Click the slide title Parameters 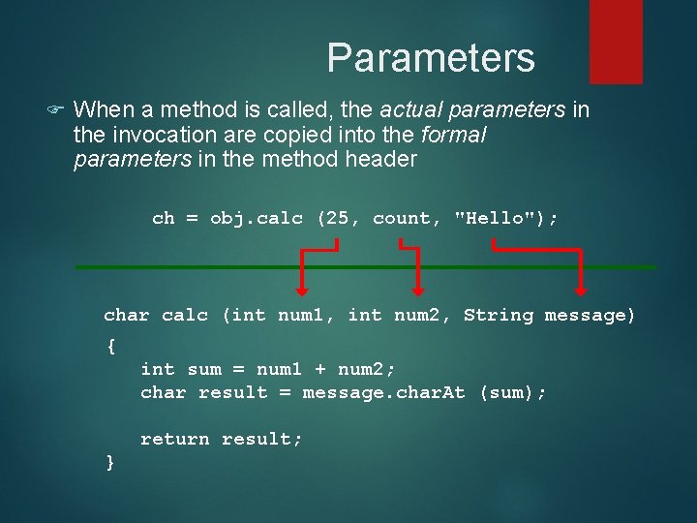pyautogui.click(x=430, y=58)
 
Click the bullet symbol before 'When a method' pyautogui.click(x=56, y=110)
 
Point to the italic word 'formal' pyautogui.click(x=454, y=135)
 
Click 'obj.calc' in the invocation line pyautogui.click(x=257, y=218)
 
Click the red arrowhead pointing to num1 pyautogui.click(x=302, y=289)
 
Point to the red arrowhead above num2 pyautogui.click(x=418, y=289)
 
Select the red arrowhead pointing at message pyautogui.click(x=581, y=289)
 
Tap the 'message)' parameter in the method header pyautogui.click(x=591, y=315)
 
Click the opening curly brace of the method pyautogui.click(x=110, y=346)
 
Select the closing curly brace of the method pyautogui.click(x=110, y=462)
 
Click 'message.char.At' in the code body pyautogui.click(x=383, y=392)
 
